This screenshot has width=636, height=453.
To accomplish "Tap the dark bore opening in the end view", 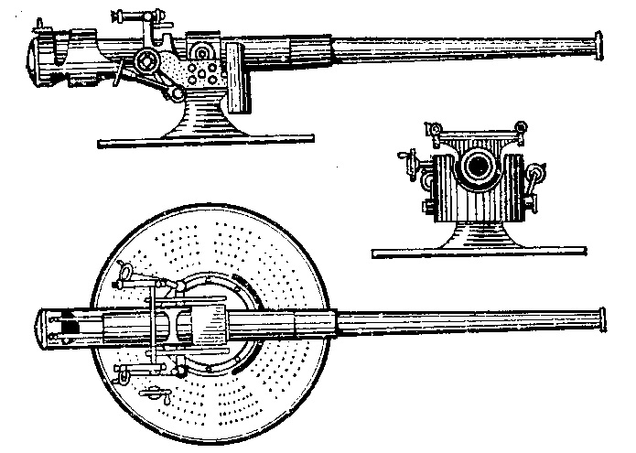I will pyautogui.click(x=477, y=166).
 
